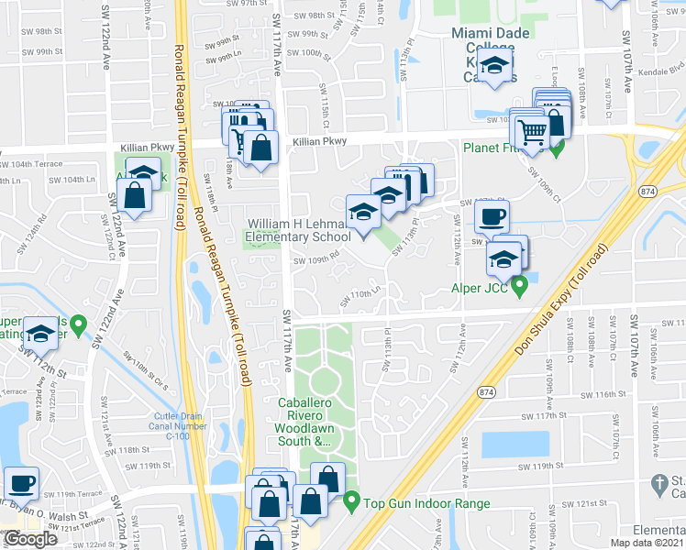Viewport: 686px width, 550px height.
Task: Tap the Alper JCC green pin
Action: click(520, 288)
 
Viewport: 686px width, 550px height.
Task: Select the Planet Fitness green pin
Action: click(557, 144)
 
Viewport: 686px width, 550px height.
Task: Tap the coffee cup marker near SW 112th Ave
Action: click(492, 217)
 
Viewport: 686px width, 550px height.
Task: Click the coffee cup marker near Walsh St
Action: click(21, 482)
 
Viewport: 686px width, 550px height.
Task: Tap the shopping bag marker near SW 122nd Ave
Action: click(135, 195)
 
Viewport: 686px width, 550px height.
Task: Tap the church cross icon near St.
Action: click(657, 482)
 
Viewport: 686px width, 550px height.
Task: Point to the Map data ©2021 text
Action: click(647, 543)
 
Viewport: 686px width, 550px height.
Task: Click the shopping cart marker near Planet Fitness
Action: click(531, 130)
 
